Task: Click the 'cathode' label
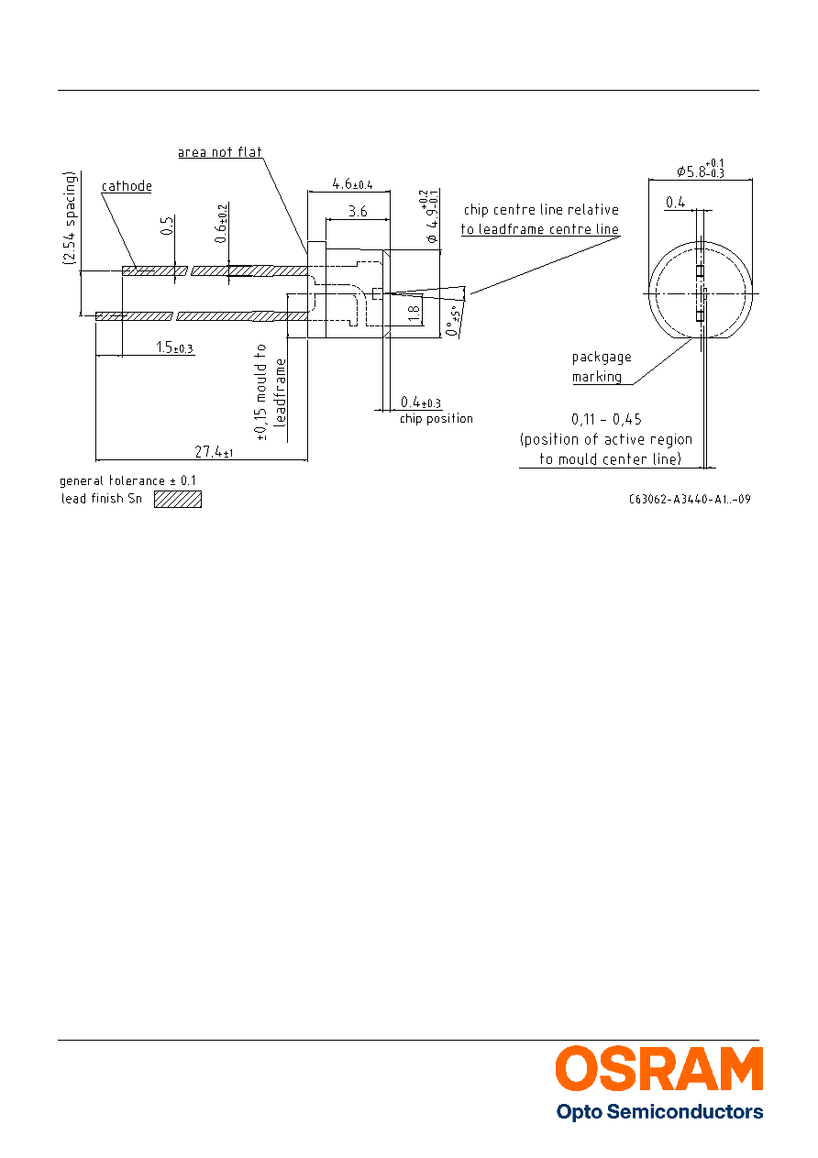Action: (127, 186)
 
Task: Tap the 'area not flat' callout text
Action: (220, 152)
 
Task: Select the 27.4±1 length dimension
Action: (214, 452)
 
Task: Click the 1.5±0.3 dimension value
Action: (175, 347)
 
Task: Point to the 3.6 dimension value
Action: (358, 211)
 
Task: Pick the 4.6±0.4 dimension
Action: (352, 183)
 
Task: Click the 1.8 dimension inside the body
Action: (414, 313)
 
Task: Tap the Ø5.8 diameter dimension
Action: (701, 169)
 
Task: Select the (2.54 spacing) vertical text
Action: (70, 218)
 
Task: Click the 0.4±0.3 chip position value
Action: (421, 402)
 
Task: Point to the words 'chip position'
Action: (437, 418)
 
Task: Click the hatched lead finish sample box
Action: (178, 499)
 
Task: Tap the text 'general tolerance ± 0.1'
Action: (127, 480)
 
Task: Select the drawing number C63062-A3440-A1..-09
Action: (690, 499)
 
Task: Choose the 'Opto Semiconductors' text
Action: (659, 1111)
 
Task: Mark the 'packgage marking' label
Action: (602, 367)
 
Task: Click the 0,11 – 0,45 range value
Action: (606, 419)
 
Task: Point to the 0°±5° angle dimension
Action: (452, 321)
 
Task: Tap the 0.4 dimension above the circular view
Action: (675, 202)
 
